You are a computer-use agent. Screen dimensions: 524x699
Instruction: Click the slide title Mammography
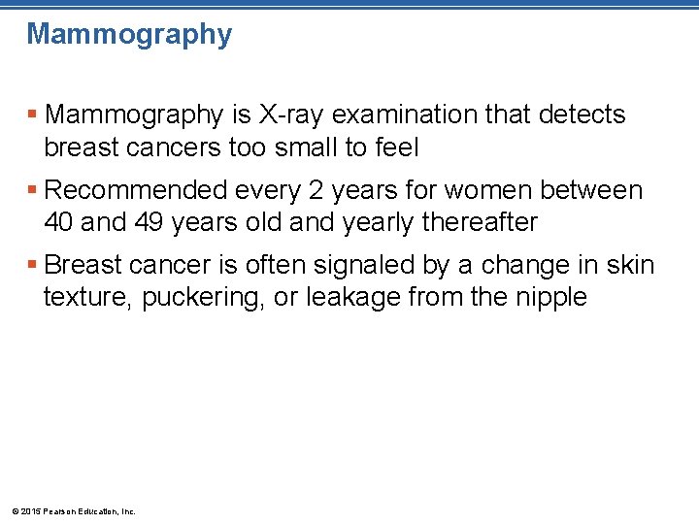[x=129, y=35]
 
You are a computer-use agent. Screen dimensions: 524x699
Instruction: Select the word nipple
[x=550, y=297]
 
